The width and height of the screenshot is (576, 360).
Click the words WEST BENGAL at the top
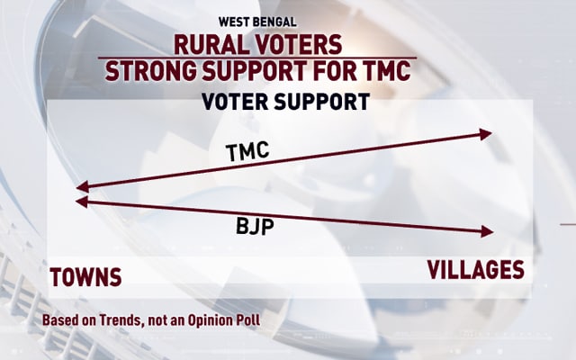257,22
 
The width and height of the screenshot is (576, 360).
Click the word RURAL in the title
208,45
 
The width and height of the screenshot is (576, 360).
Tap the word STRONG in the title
150,70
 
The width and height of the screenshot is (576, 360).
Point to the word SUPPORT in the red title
254,70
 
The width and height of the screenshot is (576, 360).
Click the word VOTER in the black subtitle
235,102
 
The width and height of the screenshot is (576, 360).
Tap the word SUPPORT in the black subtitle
322,102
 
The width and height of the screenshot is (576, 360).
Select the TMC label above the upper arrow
247,152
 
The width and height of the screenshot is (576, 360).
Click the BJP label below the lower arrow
255,226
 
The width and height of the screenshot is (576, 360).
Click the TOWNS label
85,277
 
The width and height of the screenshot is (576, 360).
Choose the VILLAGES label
476,270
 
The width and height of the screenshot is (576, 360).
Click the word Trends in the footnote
120,320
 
